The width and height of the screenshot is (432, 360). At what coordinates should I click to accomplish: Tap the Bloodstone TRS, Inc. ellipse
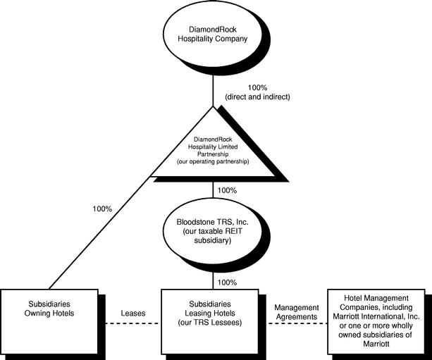212,231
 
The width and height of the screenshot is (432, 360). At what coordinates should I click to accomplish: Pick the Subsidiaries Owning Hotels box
49,321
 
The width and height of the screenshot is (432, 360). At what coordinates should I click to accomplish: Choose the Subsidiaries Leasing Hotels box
210,321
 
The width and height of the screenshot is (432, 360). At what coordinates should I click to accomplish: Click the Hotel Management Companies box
376,321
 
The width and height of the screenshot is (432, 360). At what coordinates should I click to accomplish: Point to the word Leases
133,314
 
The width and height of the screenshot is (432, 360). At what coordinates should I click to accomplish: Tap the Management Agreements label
297,312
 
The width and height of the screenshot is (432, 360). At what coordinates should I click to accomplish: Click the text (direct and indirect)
258,97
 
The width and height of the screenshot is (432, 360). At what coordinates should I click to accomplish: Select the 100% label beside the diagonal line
102,209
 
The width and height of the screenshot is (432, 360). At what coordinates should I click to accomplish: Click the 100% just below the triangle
227,190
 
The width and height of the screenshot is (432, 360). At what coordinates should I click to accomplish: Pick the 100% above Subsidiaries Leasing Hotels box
227,283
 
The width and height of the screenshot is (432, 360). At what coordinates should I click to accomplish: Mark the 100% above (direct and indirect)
258,88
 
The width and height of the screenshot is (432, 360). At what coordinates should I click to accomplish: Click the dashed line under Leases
132,323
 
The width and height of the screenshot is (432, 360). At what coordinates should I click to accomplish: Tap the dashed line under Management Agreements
297,323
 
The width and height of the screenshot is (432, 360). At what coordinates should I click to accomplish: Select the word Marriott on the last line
376,344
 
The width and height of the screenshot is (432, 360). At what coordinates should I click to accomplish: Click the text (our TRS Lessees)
210,322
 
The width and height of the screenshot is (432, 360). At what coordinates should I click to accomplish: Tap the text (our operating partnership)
213,161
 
